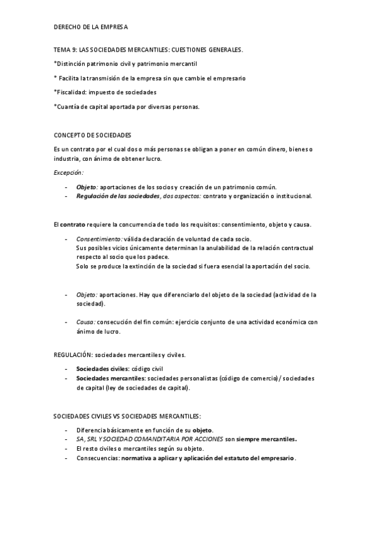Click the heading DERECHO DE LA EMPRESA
[x=91, y=27]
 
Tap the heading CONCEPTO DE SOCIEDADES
[x=92, y=135]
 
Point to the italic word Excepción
[x=69, y=172]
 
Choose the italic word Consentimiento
[x=99, y=239]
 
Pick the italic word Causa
[x=86, y=322]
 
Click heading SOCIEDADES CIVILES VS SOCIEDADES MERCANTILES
[x=127, y=416]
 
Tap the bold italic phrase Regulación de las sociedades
[x=118, y=196]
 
